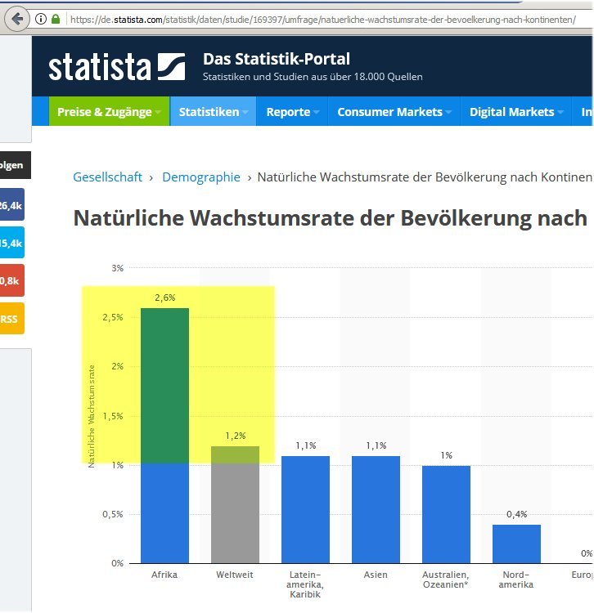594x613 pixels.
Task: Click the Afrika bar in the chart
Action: (x=164, y=433)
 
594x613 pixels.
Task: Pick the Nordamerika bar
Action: (x=516, y=544)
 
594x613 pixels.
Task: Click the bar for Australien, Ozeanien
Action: (x=446, y=514)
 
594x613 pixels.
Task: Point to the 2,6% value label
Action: (x=164, y=298)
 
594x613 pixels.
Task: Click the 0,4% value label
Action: (x=516, y=514)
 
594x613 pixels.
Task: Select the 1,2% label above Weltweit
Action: (x=236, y=436)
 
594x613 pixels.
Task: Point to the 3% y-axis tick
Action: (x=117, y=268)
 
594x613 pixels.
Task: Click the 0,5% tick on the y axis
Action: (x=113, y=514)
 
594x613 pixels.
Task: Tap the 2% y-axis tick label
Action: (x=117, y=366)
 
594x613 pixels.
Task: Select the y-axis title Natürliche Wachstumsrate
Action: (x=92, y=415)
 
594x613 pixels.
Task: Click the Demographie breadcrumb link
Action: (x=201, y=177)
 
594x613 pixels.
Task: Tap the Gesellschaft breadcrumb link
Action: (x=107, y=177)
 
